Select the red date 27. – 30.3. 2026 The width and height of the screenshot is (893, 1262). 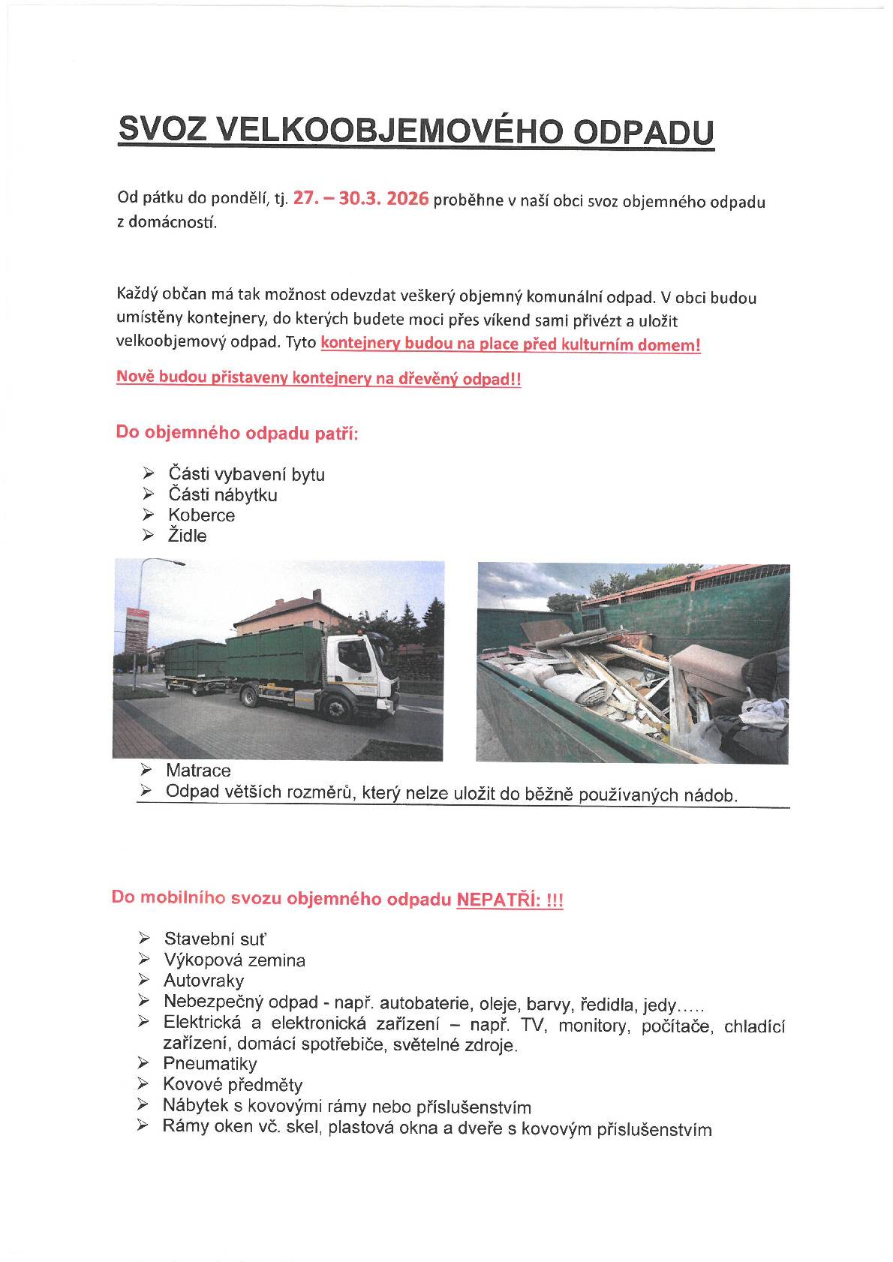click(x=361, y=199)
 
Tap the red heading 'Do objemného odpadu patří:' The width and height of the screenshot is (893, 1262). click(x=237, y=433)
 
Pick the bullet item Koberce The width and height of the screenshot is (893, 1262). click(x=201, y=515)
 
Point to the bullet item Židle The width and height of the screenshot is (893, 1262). click(x=187, y=536)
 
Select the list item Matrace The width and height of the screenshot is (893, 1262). click(x=198, y=771)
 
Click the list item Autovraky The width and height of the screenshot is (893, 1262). click(x=203, y=981)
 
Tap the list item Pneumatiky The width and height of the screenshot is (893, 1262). click(x=209, y=1064)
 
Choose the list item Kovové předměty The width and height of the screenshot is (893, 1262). click(x=233, y=1085)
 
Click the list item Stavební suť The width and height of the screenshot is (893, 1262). click(x=215, y=939)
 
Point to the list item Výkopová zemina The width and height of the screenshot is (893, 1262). click(x=234, y=960)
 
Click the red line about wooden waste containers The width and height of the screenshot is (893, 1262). click(x=318, y=379)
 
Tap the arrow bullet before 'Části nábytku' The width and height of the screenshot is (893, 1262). click(x=149, y=494)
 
